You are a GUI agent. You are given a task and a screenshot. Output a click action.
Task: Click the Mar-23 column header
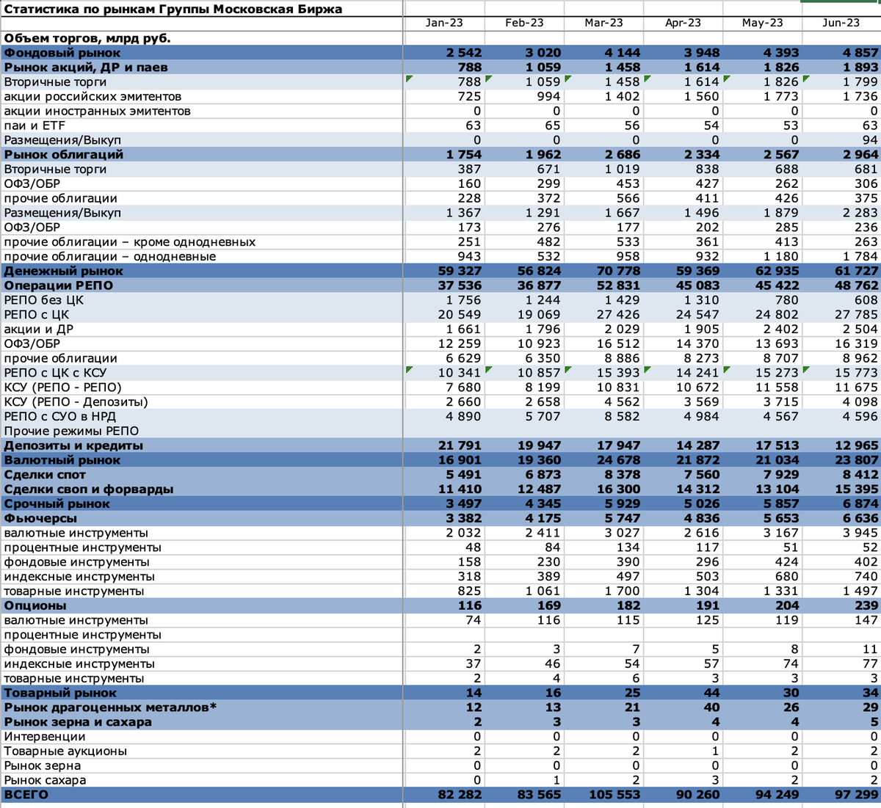(x=603, y=23)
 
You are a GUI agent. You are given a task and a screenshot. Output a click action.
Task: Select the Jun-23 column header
(x=841, y=23)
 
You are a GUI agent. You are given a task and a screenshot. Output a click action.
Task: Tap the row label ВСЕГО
(x=26, y=795)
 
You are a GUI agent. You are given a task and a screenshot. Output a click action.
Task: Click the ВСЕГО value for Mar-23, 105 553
(x=614, y=795)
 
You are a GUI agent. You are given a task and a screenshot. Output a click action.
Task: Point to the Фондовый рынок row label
(x=62, y=53)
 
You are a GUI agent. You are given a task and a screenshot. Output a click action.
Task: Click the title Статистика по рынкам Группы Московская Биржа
(x=173, y=9)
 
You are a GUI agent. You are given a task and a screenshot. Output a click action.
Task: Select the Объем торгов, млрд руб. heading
(x=87, y=37)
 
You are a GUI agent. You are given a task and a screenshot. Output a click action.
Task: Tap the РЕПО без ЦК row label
(x=44, y=300)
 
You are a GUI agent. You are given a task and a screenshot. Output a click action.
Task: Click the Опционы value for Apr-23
(x=706, y=605)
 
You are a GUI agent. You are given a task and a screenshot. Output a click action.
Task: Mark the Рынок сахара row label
(x=45, y=780)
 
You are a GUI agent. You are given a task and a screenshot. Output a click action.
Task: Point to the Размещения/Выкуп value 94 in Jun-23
(x=870, y=140)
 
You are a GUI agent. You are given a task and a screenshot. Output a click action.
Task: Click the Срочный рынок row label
(x=57, y=503)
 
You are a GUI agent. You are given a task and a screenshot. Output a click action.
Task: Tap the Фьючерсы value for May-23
(x=780, y=518)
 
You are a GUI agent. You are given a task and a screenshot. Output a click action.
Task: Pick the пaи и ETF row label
(x=35, y=125)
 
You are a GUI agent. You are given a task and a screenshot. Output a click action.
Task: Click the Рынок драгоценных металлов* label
(x=111, y=707)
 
